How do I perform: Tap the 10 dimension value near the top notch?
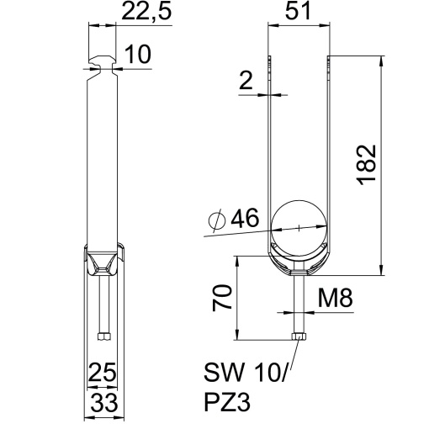(x=136, y=56)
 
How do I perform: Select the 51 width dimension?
(x=298, y=14)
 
